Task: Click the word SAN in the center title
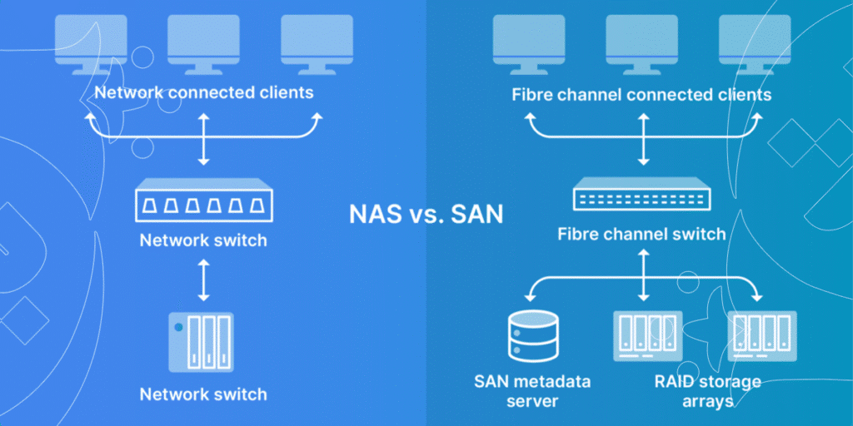pos(476,214)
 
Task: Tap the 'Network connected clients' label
pos(204,92)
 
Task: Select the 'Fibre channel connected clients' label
pos(641,94)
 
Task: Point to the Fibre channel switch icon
pos(641,197)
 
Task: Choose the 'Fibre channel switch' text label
pos(641,234)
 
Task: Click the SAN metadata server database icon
pos(532,337)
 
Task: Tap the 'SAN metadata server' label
pos(532,391)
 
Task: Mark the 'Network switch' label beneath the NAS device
pos(203,394)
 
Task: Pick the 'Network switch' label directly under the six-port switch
pos(203,241)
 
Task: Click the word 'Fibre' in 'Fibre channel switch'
pos(576,234)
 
